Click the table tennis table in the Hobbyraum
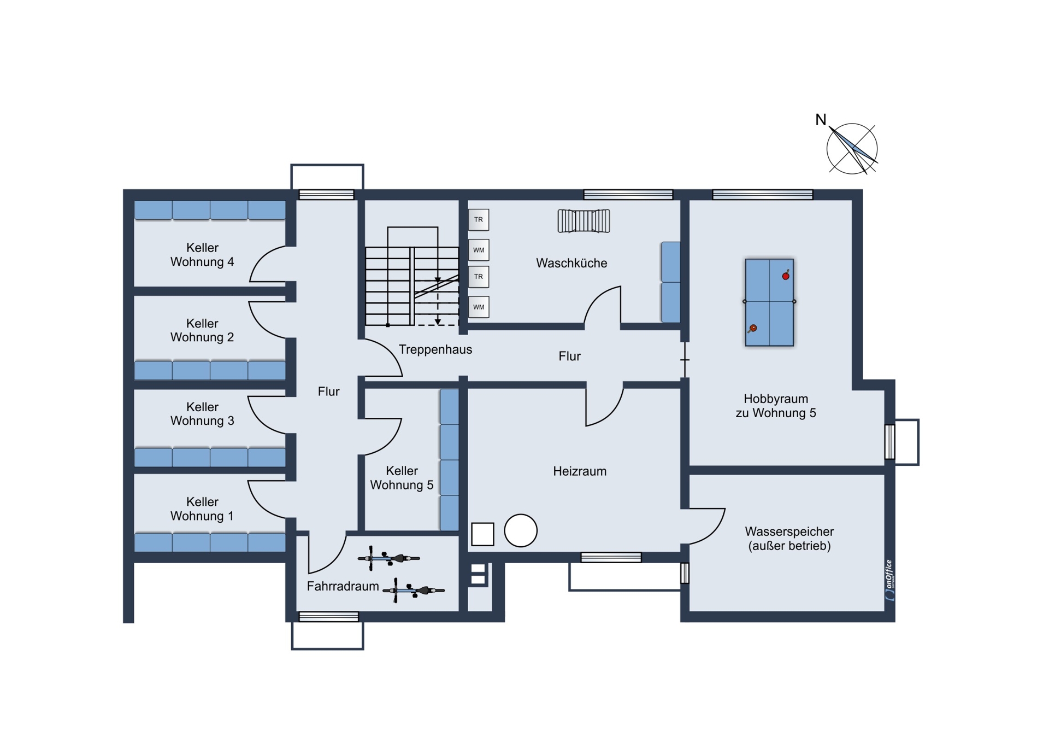tap(769, 302)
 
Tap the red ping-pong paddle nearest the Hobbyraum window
tap(786, 275)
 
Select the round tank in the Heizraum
tap(521, 530)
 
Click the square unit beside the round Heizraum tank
tap(482, 534)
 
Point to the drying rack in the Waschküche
tap(584, 221)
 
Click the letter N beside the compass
tap(821, 120)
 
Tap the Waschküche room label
tap(571, 263)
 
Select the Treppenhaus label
tap(435, 349)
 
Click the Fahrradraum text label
tap(343, 586)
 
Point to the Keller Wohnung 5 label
tap(402, 478)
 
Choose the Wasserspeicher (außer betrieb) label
tap(789, 539)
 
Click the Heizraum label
tap(580, 471)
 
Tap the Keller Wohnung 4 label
tap(202, 255)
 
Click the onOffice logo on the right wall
tap(889, 580)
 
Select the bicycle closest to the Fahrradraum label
tap(414, 591)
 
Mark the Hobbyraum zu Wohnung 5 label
tap(776, 406)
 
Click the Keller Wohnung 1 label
tap(202, 509)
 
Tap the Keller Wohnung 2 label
tap(202, 330)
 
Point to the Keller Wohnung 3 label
tap(202, 414)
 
